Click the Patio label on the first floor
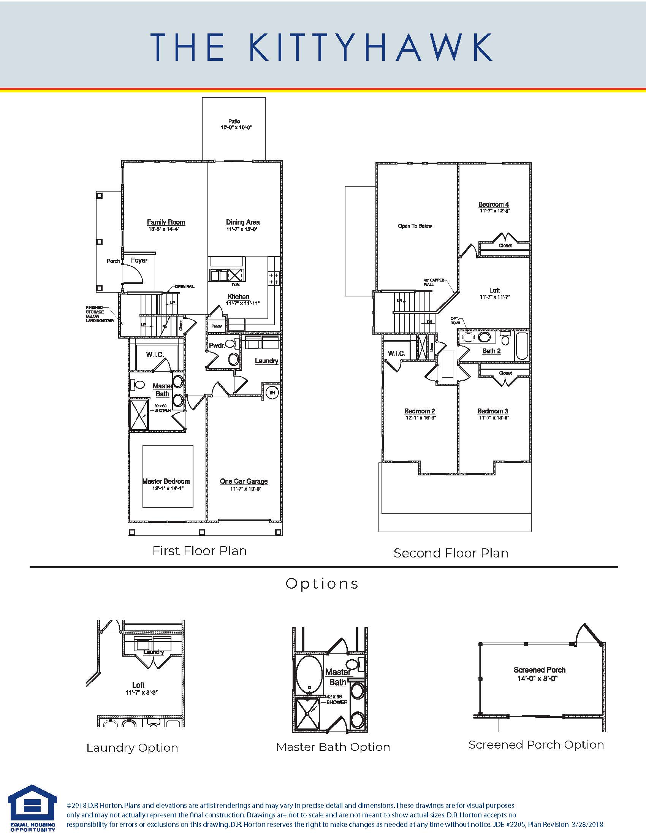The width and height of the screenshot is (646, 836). tap(234, 121)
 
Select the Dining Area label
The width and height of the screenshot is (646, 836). tap(243, 222)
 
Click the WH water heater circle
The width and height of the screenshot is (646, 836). tap(272, 393)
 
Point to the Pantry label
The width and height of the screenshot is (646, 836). tap(217, 326)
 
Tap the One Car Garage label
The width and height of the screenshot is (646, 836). tap(244, 481)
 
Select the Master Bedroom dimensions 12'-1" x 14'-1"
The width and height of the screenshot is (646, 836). tap(166, 488)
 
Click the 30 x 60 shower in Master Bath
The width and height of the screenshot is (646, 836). tap(140, 415)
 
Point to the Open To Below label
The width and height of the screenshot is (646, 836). tap(415, 226)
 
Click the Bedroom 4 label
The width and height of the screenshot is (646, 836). tap(494, 204)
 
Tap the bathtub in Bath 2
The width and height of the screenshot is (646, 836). tap(522, 346)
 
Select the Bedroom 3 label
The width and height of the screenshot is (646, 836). tap(492, 411)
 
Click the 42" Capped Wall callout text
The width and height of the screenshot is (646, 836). tap(434, 282)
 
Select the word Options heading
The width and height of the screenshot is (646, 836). tap(322, 584)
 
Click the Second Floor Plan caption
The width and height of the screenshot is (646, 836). tap(451, 553)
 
